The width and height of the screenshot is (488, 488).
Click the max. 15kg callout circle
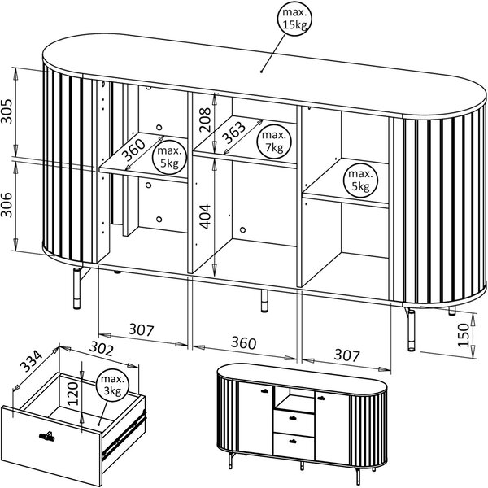294,19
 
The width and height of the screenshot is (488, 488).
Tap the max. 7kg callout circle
273,142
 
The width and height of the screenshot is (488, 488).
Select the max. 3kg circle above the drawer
112,385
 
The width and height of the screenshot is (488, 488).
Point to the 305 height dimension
7,111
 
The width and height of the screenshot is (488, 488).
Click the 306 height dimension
7,204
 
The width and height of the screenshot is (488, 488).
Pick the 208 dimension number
204,120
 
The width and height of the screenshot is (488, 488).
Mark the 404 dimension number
204,216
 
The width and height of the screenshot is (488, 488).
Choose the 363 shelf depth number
234,132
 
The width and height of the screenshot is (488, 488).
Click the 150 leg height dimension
464,335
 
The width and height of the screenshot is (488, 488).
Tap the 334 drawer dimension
32,361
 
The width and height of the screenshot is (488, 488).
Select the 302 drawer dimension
101,349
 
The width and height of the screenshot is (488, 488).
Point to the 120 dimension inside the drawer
73,394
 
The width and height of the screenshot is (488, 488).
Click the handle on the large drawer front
47,436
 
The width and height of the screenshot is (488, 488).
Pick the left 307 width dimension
142,330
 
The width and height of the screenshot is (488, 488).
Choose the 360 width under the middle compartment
244,342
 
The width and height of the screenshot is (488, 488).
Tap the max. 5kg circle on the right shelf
360,181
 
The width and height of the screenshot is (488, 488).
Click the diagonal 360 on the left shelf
133,150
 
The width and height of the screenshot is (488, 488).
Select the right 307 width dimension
347,355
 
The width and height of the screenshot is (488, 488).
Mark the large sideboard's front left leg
76,288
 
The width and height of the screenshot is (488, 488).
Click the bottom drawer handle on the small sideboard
293,441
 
